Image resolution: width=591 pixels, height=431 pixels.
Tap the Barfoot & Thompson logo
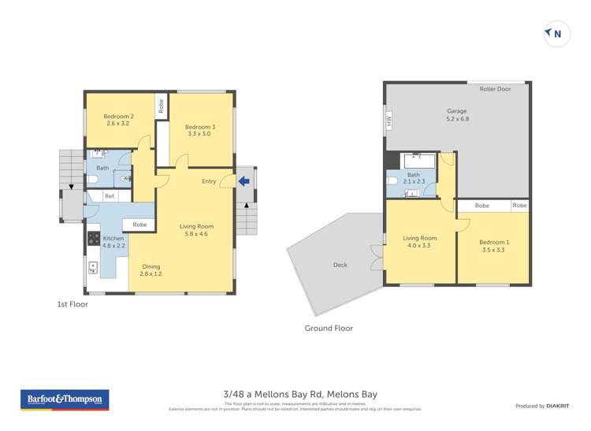(65, 399)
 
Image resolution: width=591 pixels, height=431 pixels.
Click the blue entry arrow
(244, 181)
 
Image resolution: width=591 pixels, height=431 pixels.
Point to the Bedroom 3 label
(200, 131)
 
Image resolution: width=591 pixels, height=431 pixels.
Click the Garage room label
(457, 116)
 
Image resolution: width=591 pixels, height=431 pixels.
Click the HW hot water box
(388, 121)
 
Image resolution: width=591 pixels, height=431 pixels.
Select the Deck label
(340, 265)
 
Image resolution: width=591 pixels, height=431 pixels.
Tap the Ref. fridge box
(110, 196)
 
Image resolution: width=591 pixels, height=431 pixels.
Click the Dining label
(151, 269)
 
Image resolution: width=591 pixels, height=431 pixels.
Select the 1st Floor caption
(72, 304)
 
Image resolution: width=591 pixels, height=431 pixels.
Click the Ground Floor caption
(329, 328)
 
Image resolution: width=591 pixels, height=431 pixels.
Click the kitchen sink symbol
(93, 269)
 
